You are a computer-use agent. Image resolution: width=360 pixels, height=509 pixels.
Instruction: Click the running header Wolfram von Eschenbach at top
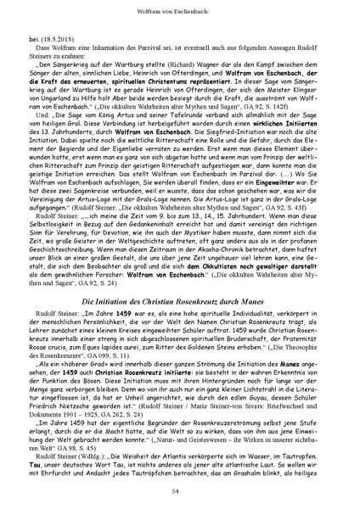180,8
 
